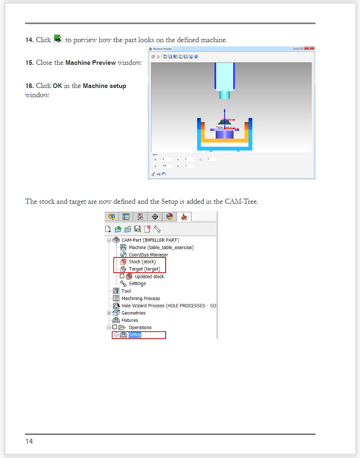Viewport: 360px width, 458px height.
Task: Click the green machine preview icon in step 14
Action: point(58,39)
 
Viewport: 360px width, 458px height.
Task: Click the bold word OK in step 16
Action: point(57,86)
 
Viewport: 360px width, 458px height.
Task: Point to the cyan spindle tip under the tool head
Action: point(224,94)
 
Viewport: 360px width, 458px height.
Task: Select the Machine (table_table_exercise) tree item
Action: point(161,247)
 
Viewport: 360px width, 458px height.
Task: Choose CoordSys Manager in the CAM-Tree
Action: point(148,255)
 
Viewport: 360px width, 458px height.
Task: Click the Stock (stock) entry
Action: point(142,262)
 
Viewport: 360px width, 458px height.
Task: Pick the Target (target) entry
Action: point(144,269)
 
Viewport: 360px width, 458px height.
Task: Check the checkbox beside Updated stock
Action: point(122,276)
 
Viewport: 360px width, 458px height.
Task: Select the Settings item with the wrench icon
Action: point(137,283)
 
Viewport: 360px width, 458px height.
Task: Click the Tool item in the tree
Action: point(126,291)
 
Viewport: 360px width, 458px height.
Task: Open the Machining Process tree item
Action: point(141,298)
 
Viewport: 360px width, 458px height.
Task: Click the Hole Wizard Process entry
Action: point(168,306)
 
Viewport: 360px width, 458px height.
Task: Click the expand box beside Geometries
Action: point(109,313)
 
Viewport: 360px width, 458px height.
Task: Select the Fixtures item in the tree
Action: point(130,320)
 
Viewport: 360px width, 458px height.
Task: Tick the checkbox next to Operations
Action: point(115,327)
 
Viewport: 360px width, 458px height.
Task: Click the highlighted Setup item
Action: point(135,335)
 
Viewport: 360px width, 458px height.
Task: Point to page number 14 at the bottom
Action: point(29,441)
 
